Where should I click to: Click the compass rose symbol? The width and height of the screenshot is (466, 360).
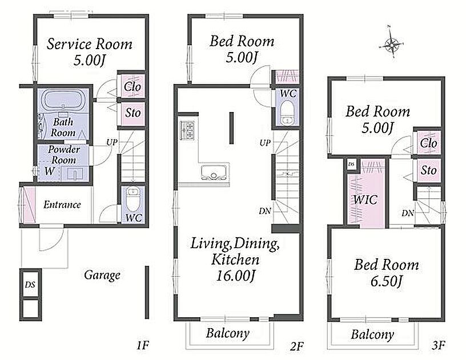tap(392, 45)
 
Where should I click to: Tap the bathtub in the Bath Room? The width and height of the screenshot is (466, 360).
tap(63, 101)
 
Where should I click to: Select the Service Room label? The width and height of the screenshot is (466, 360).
tap(90, 44)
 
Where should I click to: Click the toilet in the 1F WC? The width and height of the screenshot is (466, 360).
tap(132, 200)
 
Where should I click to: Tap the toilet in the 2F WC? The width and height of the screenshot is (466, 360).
tap(287, 113)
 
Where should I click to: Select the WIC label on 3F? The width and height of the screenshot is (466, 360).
tap(365, 200)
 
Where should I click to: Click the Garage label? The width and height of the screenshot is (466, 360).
tap(102, 275)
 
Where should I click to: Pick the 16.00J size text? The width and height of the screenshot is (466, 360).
tap(235, 276)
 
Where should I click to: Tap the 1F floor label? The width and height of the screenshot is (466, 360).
tap(143, 346)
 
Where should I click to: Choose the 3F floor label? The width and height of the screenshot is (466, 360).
tap(438, 345)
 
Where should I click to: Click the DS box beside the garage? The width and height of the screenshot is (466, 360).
tap(30, 283)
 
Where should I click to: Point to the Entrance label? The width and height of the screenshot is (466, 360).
tap(62, 205)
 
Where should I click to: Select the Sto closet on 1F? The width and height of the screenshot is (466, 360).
tap(133, 113)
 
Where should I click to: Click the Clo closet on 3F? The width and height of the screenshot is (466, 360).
tap(428, 143)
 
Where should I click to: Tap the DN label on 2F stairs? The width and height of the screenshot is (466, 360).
tap(265, 211)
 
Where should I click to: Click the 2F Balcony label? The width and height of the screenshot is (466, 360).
tap(228, 333)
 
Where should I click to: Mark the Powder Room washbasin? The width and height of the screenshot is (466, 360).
tap(75, 174)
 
